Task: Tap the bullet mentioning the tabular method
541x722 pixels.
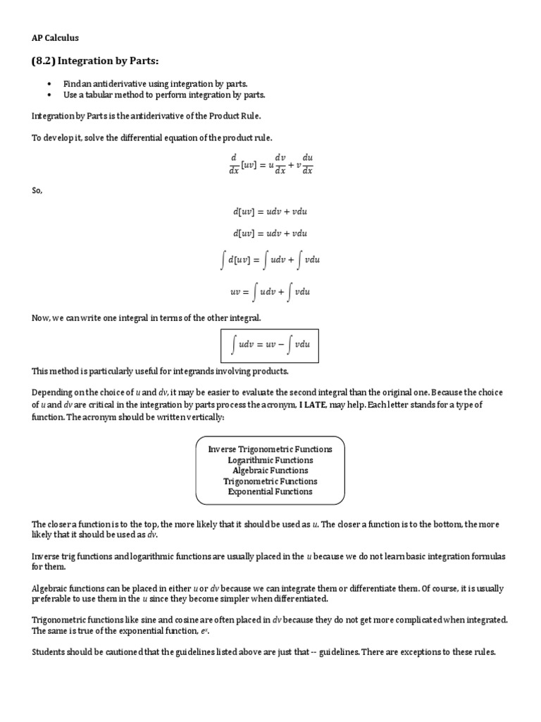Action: pyautogui.click(x=154, y=94)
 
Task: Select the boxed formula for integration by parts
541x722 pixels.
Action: pyautogui.click(x=270, y=344)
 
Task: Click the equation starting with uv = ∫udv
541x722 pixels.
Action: pyautogui.click(x=270, y=290)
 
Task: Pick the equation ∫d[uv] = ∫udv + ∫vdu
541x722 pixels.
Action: pyautogui.click(x=270, y=261)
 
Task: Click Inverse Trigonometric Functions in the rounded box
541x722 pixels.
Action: pyautogui.click(x=270, y=449)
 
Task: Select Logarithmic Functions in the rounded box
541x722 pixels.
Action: pyautogui.click(x=270, y=460)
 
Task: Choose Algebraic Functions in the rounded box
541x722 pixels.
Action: pyautogui.click(x=270, y=470)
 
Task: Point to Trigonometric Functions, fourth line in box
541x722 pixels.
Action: pyautogui.click(x=270, y=481)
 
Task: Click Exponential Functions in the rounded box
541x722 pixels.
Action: pyautogui.click(x=270, y=491)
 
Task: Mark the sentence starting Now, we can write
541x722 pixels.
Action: pyautogui.click(x=146, y=318)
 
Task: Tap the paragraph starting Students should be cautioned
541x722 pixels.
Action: pyautogui.click(x=264, y=651)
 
